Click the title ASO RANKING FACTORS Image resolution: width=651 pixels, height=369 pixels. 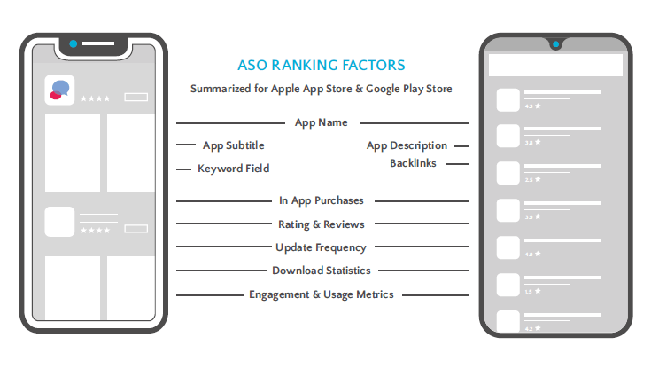tap(321, 65)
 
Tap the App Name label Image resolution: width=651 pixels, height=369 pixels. tap(321, 122)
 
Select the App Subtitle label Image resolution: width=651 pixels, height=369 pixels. tap(233, 145)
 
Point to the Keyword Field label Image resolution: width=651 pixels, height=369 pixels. tap(233, 169)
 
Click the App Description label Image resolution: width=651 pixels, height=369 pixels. tap(407, 145)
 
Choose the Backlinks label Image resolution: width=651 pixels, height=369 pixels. tap(413, 163)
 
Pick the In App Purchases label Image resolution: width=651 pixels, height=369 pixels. tap(322, 200)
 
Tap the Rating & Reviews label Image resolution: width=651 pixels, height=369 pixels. tap(322, 224)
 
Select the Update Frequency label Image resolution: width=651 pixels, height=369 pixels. tap(321, 247)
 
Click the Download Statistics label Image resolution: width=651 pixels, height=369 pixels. tap(322, 271)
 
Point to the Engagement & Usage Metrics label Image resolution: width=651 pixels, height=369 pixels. tap(322, 294)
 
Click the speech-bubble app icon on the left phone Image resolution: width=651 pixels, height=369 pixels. tap(60, 90)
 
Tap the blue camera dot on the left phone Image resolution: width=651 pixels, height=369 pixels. tap(73, 43)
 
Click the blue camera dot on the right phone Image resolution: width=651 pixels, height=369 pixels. tap(555, 44)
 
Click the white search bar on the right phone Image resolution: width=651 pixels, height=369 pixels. tap(555, 65)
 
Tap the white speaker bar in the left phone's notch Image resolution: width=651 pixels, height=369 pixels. tap(98, 43)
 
